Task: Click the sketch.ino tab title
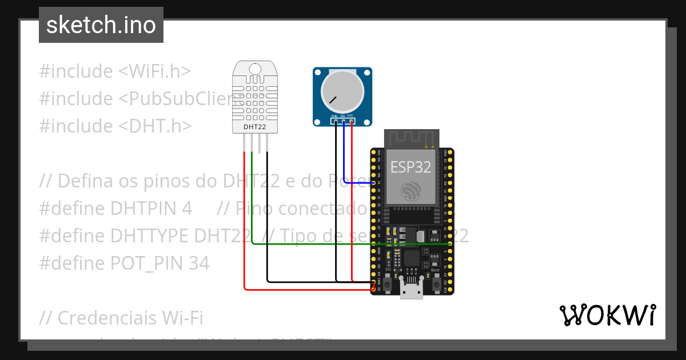[101, 25]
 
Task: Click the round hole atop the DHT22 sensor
[256, 69]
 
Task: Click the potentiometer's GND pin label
[334, 117]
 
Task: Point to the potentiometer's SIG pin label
[343, 117]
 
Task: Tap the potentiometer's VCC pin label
[351, 117]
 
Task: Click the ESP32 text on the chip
[410, 166]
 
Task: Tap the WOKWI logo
[607, 315]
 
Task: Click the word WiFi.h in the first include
[155, 71]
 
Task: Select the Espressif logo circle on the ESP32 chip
[410, 191]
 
